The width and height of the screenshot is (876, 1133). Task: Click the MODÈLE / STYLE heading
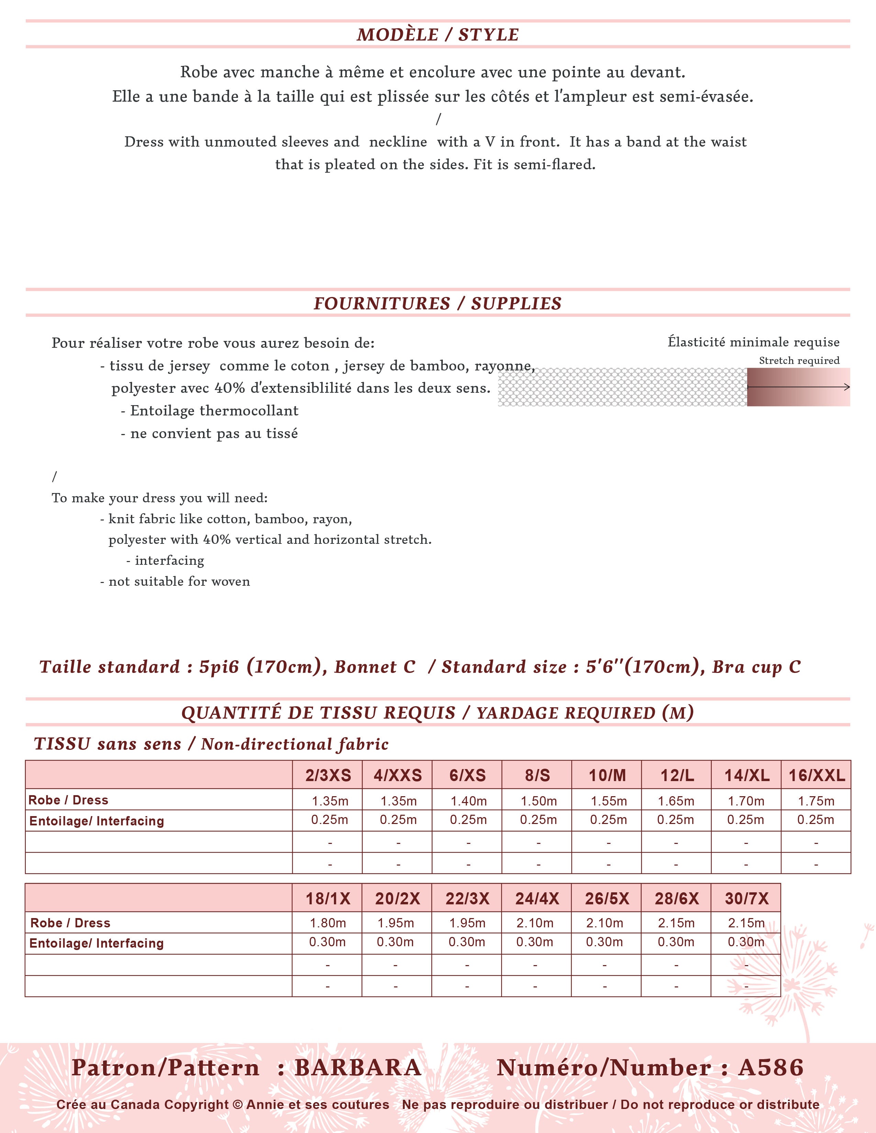[437, 35]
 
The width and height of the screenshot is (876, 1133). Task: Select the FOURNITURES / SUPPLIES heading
[437, 304]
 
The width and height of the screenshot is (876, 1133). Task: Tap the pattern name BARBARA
[358, 1068]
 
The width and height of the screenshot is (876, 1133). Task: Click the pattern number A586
[771, 1068]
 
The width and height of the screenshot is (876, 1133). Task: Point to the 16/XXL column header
[816, 776]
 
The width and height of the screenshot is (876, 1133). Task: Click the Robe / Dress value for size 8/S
[538, 801]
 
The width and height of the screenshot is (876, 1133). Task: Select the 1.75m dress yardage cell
[816, 801]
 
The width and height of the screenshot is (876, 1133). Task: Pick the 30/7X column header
[746, 899]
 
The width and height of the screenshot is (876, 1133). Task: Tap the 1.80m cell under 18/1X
[327, 923]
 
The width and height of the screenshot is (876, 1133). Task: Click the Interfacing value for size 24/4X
[535, 942]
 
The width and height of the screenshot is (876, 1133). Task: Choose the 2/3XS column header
[328, 776]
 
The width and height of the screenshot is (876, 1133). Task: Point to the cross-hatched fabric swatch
[622, 387]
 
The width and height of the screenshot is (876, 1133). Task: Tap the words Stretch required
[799, 360]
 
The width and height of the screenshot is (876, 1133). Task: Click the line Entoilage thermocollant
[214, 411]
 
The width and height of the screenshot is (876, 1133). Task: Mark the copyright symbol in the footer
[238, 1105]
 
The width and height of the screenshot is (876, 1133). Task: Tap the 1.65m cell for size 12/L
[676, 801]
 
